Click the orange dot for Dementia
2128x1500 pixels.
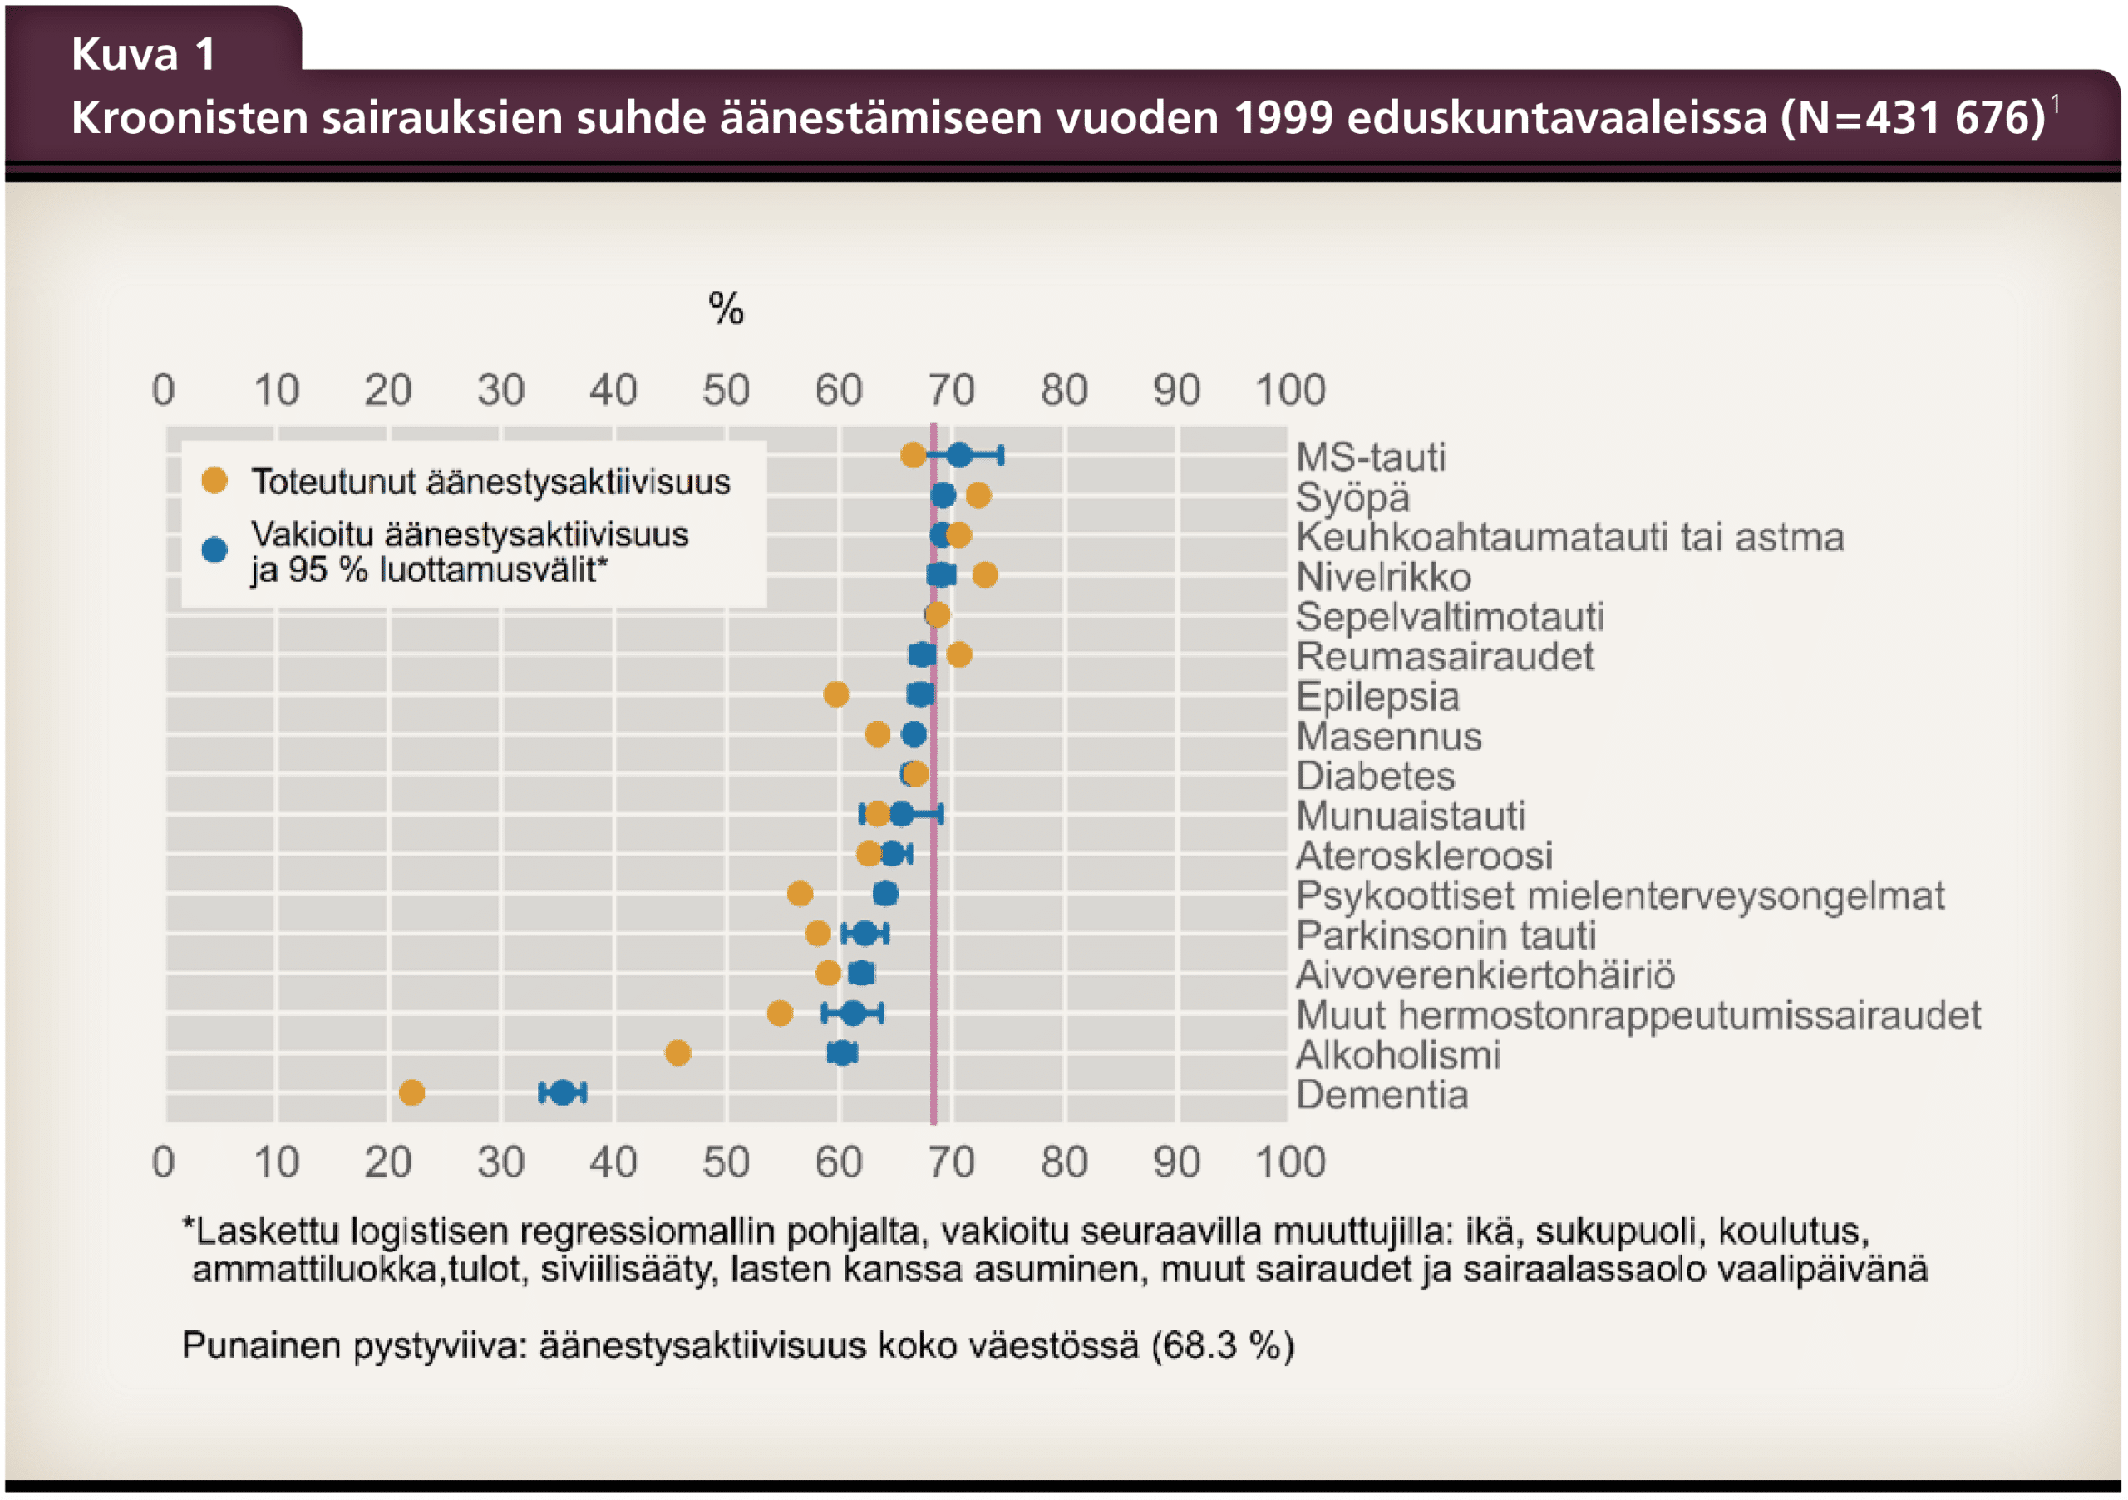click(x=411, y=1093)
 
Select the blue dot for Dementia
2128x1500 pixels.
click(x=563, y=1093)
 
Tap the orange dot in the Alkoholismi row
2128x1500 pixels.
click(x=677, y=1053)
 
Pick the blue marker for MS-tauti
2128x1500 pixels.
click(x=959, y=455)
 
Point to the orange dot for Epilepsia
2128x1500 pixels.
click(x=836, y=694)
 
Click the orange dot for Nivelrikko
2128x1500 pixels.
click(x=984, y=575)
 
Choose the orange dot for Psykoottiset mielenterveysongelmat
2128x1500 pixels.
click(x=800, y=894)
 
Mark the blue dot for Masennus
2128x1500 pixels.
click(x=914, y=734)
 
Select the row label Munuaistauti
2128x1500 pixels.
click(x=1410, y=817)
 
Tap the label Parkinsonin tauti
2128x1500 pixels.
click(x=1446, y=936)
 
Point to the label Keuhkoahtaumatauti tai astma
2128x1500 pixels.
click(x=1569, y=538)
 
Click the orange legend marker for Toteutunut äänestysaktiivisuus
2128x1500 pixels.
click(x=215, y=481)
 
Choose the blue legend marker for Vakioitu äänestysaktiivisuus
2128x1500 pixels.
click(x=215, y=550)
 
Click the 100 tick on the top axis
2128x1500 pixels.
click(x=1290, y=389)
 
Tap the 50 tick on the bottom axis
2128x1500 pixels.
click(x=726, y=1162)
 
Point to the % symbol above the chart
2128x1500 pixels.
click(x=726, y=308)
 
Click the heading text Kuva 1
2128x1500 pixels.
click(x=144, y=54)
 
